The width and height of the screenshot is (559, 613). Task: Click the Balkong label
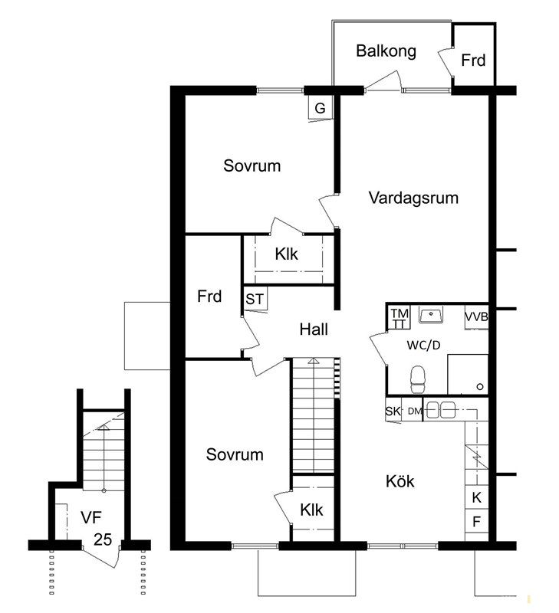click(386, 51)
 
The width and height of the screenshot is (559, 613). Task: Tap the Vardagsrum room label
click(413, 198)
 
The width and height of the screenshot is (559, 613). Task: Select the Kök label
click(400, 481)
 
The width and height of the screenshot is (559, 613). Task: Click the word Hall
click(314, 329)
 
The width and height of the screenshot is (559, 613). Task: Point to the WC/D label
click(423, 346)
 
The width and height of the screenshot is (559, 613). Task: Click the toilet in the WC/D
click(417, 379)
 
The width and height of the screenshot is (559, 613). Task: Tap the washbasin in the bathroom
click(431, 314)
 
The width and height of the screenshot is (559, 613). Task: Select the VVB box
click(476, 317)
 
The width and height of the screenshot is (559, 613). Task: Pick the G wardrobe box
click(321, 107)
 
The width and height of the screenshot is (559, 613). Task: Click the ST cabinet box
click(255, 299)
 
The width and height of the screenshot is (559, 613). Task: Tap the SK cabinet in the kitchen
click(393, 411)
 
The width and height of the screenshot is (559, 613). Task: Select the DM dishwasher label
click(415, 411)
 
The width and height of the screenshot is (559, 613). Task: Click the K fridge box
click(476, 497)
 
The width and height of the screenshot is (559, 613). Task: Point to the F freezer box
click(476, 522)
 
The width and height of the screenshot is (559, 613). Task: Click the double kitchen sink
click(440, 410)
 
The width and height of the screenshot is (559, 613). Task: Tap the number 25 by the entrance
click(103, 539)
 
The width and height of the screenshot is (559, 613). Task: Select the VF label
click(91, 517)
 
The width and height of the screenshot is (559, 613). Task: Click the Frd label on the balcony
click(473, 61)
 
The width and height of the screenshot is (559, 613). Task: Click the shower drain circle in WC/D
click(480, 387)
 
